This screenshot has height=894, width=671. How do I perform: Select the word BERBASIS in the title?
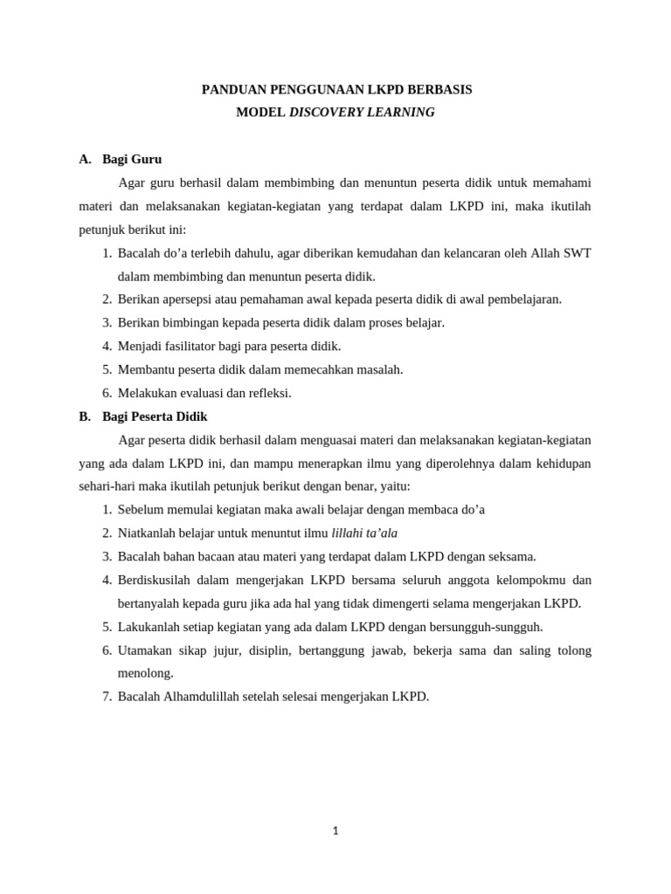click(x=437, y=90)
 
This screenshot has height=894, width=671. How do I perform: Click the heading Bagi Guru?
click(x=132, y=159)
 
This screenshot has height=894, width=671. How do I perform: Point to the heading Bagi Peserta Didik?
click(x=155, y=416)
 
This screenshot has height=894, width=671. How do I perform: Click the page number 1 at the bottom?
click(x=335, y=831)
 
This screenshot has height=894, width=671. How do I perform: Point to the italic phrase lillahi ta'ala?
click(x=364, y=533)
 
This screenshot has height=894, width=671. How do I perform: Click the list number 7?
click(x=107, y=697)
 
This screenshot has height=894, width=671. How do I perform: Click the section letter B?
click(x=85, y=416)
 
